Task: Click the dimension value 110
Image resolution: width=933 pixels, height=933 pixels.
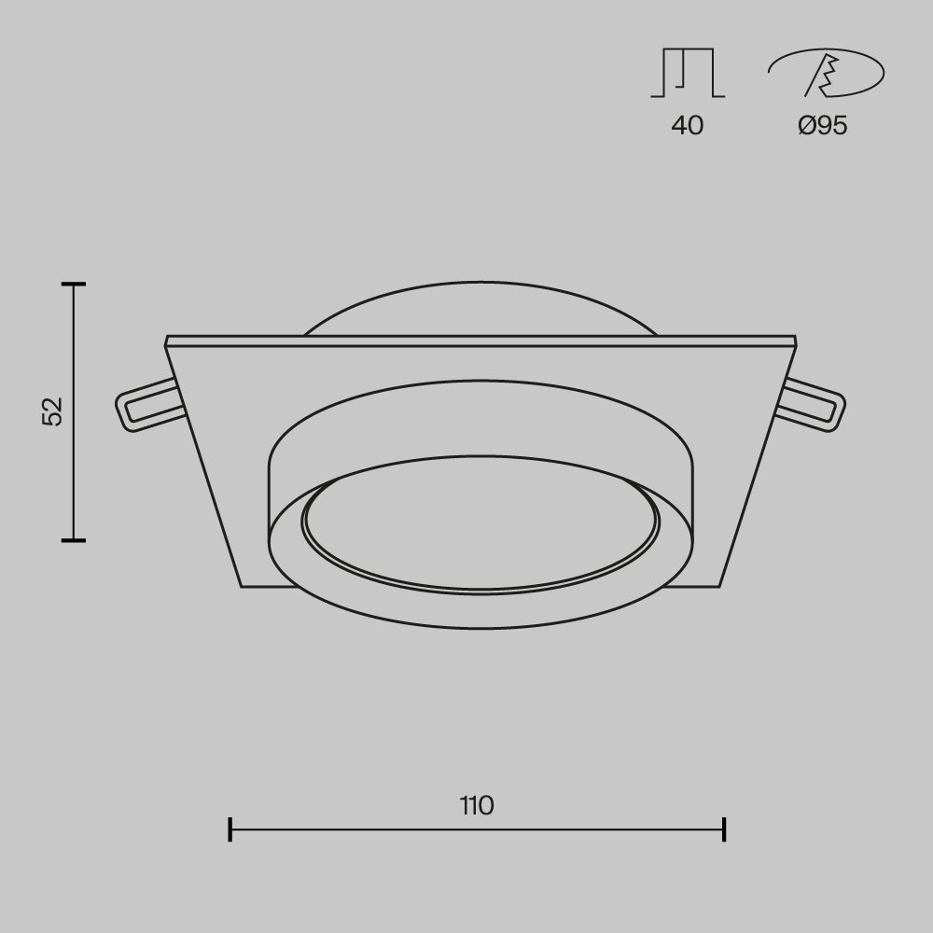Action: pos(477,805)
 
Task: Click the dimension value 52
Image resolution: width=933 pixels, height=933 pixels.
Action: pos(52,411)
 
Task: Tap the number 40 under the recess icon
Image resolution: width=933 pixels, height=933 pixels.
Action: pos(688,125)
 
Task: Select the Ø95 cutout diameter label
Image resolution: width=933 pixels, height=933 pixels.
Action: pos(823,125)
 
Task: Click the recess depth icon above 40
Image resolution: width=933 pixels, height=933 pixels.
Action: pos(688,74)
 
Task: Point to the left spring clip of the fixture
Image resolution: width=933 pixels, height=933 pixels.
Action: pos(145,405)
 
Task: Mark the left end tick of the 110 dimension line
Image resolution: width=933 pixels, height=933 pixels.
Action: pos(230,829)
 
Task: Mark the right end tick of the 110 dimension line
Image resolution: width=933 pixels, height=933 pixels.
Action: pos(724,829)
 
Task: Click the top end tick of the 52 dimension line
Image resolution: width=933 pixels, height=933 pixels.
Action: pos(74,283)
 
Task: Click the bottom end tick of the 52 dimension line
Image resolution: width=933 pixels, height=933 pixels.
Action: pos(74,539)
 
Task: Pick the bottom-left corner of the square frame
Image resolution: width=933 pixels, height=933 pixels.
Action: pos(243,586)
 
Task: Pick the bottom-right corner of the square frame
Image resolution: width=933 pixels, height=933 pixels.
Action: pos(720,586)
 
